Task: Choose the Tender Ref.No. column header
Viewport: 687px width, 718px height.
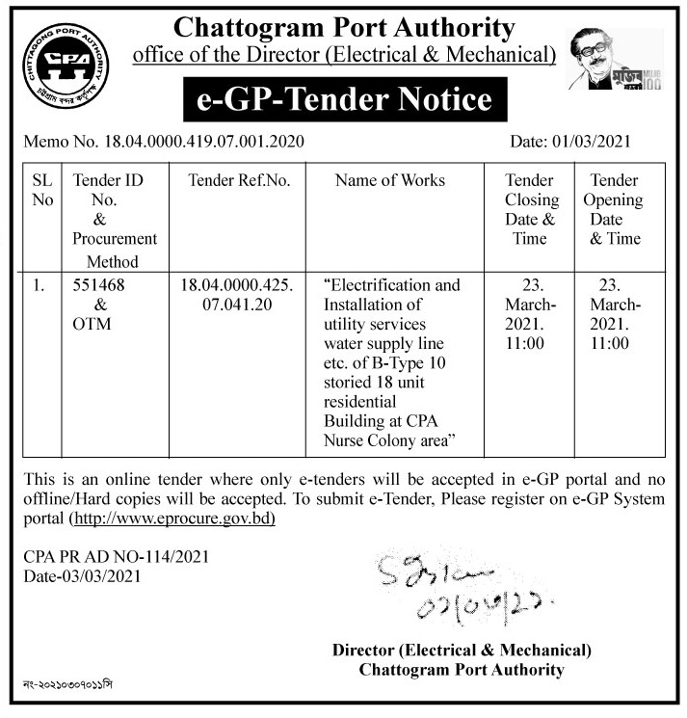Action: [239, 180]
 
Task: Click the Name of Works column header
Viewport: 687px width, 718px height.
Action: [390, 180]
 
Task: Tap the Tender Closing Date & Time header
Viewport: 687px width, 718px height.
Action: [531, 209]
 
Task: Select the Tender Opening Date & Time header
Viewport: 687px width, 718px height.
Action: [615, 209]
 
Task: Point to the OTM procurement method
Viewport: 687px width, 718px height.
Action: [92, 324]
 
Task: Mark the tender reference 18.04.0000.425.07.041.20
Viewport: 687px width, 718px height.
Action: [238, 295]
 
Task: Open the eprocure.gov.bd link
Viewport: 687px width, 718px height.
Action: [172, 519]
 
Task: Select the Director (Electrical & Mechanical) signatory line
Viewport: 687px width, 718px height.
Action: [462, 651]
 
